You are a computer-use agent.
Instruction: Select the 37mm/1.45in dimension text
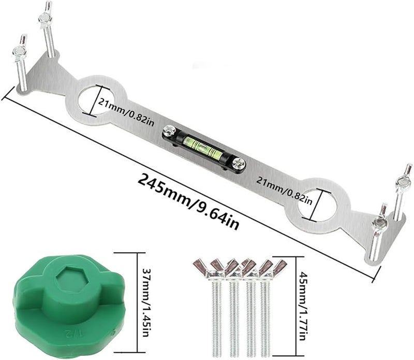(x=146, y=303)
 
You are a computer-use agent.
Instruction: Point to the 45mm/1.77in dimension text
(x=302, y=306)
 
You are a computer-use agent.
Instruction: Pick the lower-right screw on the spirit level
(x=239, y=164)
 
